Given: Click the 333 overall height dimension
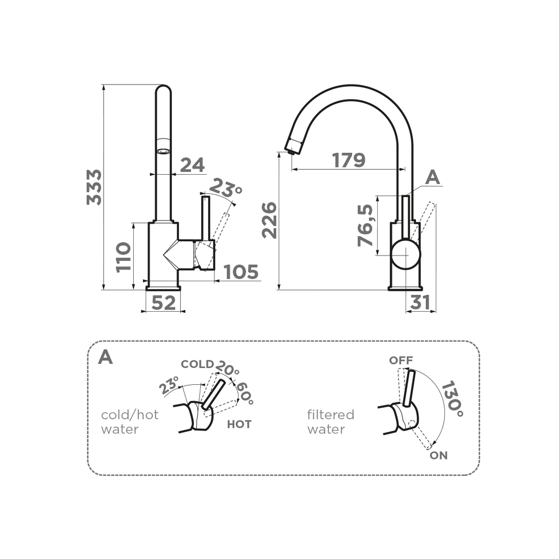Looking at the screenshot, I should [94, 187].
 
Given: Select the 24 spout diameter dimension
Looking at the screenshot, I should [192, 164].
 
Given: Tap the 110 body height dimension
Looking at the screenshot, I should [123, 257].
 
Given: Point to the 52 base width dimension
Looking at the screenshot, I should [163, 302].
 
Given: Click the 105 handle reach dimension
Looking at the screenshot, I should [241, 271].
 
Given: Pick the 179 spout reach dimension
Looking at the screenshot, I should [348, 160].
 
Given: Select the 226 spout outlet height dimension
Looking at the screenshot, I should [269, 220].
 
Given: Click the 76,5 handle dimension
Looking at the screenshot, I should [366, 225].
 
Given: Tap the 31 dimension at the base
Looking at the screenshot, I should [420, 302].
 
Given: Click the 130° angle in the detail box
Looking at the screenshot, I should [453, 399].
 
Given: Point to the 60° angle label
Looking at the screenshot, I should [245, 393].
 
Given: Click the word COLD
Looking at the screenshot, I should [197, 364].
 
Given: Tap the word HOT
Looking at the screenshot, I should [239, 424].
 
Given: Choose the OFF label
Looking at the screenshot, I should [401, 360].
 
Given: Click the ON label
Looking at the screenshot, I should [438, 455].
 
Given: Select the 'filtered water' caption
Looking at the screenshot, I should [330, 422].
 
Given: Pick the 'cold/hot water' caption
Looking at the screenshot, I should [130, 422].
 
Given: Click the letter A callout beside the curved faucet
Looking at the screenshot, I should [432, 177].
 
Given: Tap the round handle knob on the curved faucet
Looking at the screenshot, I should [406, 254].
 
